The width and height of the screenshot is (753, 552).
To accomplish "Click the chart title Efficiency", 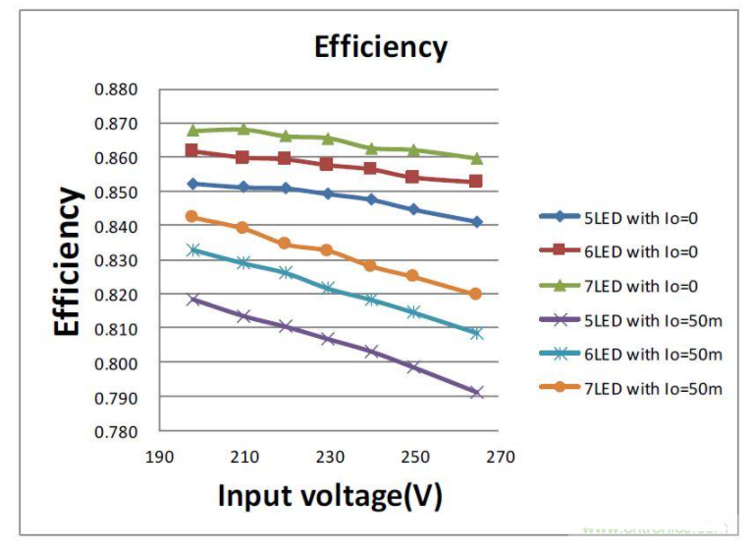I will point(380,47).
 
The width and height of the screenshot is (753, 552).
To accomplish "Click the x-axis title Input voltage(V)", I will point(330,494).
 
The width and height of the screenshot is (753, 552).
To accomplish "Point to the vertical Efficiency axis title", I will point(68,261).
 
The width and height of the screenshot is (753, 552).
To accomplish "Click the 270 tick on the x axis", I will point(500,457).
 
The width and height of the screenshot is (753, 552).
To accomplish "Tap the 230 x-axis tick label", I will point(330,457).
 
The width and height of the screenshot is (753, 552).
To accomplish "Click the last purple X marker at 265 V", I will point(476,392).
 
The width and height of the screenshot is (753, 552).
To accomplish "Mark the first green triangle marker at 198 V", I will point(193,130).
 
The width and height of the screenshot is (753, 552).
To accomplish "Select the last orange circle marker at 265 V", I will point(476,294).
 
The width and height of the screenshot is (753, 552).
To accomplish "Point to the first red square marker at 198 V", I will point(192,150).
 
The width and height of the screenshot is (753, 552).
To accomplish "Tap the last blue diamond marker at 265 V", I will point(476,222).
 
